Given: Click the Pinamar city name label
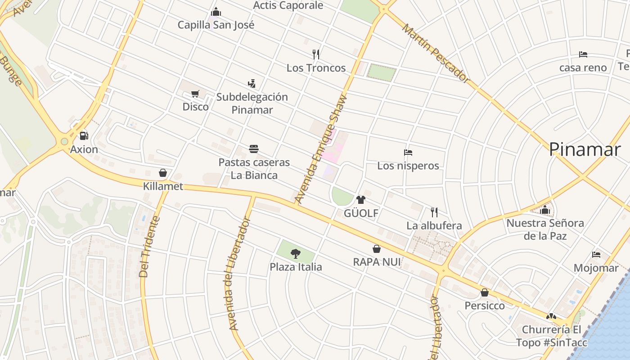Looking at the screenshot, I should (x=585, y=149).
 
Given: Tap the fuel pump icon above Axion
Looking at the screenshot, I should (x=84, y=136).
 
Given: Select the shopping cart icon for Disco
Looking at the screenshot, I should (x=195, y=94).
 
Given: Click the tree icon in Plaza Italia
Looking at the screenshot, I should (x=295, y=254).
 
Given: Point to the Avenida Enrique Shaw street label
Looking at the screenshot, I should (x=322, y=148).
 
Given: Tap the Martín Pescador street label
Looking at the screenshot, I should (x=436, y=54).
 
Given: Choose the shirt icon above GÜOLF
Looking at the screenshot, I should (x=360, y=200).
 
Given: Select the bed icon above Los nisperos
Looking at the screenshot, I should (x=408, y=153).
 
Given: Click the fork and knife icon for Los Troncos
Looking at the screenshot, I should (x=316, y=54).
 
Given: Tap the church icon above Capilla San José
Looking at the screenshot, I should (x=216, y=12).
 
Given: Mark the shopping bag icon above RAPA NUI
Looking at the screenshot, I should (x=377, y=249).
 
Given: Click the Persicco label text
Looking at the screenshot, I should (x=485, y=306).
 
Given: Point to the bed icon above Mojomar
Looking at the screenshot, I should (x=596, y=255).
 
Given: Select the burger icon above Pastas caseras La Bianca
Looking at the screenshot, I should (x=254, y=149).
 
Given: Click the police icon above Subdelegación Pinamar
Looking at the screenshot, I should (x=252, y=83).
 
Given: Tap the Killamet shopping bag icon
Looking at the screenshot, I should (x=163, y=173).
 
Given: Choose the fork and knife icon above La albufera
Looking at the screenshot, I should (x=434, y=212).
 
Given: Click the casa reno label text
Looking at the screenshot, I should (x=583, y=67).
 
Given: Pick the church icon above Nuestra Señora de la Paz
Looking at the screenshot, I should (x=545, y=210).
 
